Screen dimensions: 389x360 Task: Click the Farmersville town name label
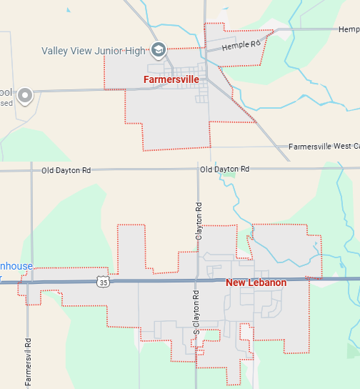[171, 79]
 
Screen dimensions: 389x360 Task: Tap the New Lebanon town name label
[256, 283]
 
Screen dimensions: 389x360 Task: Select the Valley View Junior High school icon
[158, 50]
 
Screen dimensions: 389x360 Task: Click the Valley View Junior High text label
[93, 51]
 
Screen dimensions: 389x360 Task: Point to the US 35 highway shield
[104, 282]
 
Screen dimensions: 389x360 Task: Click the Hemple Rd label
[241, 45]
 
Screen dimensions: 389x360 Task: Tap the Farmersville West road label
[323, 147]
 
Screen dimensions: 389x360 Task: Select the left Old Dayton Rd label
[66, 171]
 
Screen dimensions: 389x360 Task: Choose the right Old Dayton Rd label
[224, 169]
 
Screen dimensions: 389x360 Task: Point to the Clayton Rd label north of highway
[199, 222]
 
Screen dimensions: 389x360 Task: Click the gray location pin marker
[26, 95]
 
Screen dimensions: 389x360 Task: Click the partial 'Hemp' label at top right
[349, 29]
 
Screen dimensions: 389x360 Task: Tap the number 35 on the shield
[104, 283]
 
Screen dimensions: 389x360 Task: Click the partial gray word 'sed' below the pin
[6, 103]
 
